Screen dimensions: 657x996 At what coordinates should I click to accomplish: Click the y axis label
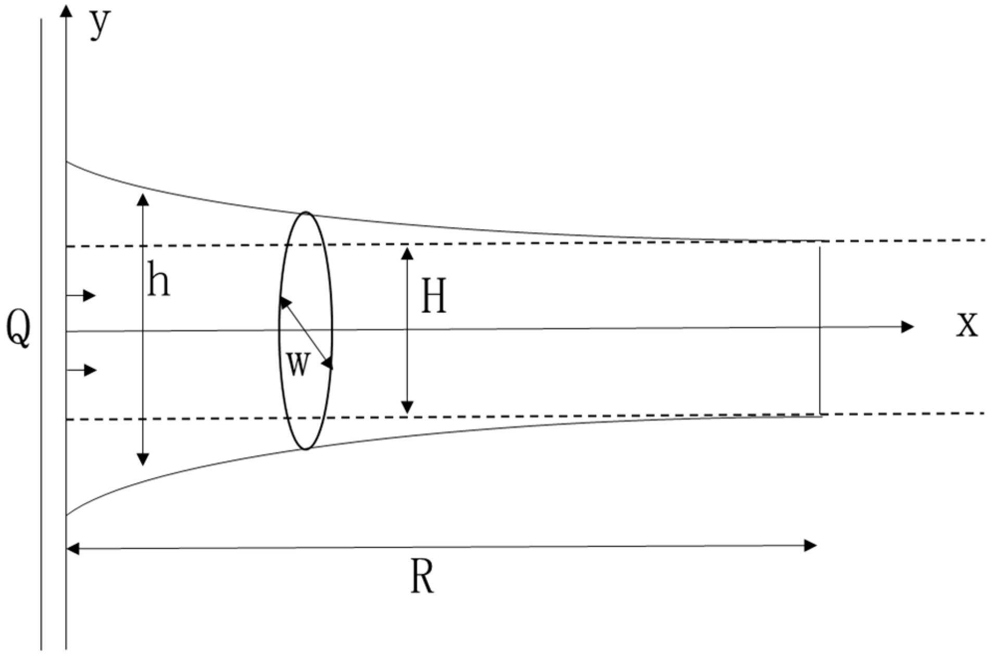click(x=100, y=24)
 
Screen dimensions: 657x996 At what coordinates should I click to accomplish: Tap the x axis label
click(x=967, y=325)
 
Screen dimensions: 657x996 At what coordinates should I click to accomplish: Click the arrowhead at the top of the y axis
click(x=66, y=10)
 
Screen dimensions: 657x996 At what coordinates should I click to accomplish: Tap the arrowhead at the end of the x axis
click(x=907, y=327)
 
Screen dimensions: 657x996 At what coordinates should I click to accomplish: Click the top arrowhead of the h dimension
click(x=143, y=199)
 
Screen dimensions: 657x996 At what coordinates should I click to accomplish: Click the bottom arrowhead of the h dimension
click(x=143, y=459)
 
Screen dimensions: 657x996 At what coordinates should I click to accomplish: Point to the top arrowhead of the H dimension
click(x=407, y=253)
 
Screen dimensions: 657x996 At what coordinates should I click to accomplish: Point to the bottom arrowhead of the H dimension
click(x=407, y=407)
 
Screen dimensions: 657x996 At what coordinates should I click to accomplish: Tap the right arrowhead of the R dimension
click(x=810, y=546)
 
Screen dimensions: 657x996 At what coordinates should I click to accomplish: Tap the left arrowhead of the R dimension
click(x=73, y=548)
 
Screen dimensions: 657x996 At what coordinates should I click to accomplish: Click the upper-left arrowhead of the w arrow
click(x=284, y=302)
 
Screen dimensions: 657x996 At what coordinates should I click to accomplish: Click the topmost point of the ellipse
click(x=306, y=212)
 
